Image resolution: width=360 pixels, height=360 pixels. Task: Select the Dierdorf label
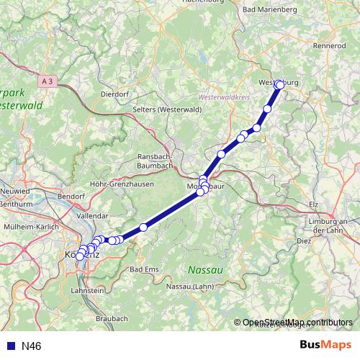point(114,93)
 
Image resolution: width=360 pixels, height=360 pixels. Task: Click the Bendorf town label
point(71,195)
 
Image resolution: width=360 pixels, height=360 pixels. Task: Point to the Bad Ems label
point(143,269)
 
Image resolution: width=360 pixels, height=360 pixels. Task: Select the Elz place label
point(312,204)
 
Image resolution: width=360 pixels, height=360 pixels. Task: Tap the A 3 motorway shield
point(48,82)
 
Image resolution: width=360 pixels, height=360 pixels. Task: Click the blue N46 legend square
point(10,346)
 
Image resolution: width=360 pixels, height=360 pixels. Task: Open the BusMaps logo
point(325,346)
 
